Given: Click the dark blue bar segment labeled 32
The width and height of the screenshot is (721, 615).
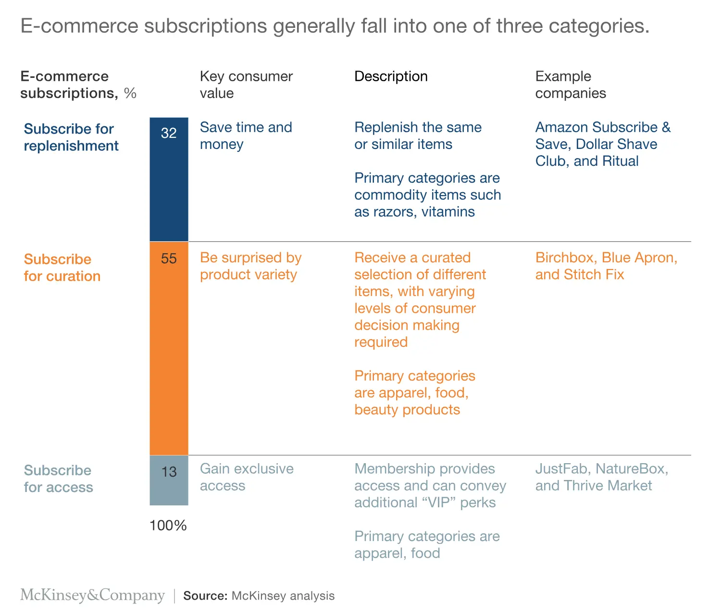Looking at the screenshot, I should pos(169,179).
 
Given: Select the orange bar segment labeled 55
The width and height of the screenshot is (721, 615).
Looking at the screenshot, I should pos(169,348).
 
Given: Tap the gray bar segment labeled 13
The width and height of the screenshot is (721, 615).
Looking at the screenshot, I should pos(169,480).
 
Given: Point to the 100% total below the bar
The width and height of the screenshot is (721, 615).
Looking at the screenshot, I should pos(168,526).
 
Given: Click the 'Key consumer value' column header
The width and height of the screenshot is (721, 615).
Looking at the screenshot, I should pos(246,85).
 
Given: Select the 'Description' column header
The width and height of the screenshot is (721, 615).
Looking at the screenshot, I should pos(391,76).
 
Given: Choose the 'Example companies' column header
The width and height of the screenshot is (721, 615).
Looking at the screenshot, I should pos(571,85).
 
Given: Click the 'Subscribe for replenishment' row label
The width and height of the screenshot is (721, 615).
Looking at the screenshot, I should pos(71,137).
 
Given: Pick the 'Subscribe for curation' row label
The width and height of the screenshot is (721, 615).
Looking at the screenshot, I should pos(62,268).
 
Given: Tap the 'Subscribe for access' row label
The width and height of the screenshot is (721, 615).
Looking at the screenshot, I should pos(58,479).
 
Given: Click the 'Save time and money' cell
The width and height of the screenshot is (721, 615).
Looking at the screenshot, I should pos(246,135).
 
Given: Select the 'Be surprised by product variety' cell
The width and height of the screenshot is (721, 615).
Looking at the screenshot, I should pos(250,266).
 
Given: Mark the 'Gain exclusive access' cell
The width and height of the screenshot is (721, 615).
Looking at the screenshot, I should pos(247,477).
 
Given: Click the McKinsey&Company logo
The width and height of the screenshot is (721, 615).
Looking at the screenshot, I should pos(92,595).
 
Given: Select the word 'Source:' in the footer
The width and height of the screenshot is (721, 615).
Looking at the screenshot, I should pos(205,596).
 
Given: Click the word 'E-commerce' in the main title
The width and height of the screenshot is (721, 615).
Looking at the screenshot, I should pos(79,26).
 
